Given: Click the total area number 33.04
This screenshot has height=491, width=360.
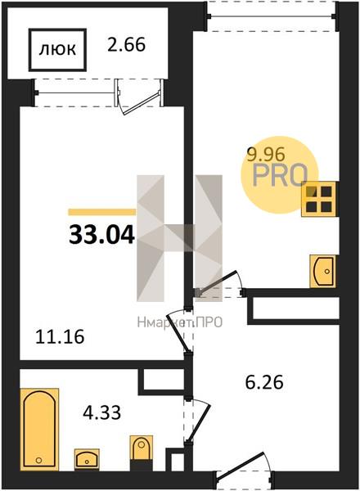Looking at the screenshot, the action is (x=101, y=235).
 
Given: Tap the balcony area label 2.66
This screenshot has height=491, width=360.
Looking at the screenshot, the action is (x=127, y=45).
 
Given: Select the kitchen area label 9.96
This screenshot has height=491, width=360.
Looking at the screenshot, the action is (x=266, y=155).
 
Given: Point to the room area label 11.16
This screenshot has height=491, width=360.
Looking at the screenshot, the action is (x=60, y=337).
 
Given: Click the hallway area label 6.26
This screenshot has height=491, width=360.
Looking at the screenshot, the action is (x=264, y=382).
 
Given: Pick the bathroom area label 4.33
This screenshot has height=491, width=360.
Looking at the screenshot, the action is (x=102, y=412).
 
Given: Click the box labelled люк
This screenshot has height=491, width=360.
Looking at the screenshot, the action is (x=57, y=49).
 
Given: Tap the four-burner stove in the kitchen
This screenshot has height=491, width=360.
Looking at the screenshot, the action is (x=318, y=199).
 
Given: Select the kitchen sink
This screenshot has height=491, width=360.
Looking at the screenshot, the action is (x=322, y=271).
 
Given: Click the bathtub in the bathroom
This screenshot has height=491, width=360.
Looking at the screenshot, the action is (x=39, y=429).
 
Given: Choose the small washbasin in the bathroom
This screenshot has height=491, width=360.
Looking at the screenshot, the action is (x=87, y=459).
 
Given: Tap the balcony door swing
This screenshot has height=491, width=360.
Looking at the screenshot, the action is (x=139, y=97).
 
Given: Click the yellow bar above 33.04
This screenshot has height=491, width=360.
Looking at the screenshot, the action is (x=102, y=212).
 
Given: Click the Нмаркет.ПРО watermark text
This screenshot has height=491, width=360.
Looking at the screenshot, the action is (x=180, y=322).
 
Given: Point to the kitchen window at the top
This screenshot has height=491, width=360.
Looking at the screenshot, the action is (x=272, y=16).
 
